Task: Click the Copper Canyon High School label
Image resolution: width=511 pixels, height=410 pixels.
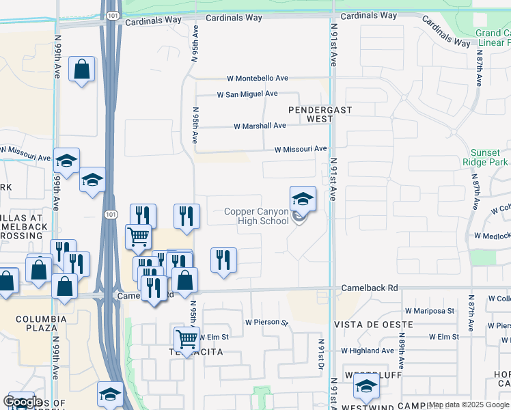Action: pyautogui.click(x=257, y=216)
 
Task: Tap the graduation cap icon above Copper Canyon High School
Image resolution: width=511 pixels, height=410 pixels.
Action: pyautogui.click(x=303, y=199)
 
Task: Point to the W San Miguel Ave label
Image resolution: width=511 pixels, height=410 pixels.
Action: pyautogui.click(x=247, y=94)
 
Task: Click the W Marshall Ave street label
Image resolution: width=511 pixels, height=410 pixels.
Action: pyautogui.click(x=260, y=126)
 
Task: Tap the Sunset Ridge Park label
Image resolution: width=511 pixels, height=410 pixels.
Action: pyautogui.click(x=490, y=158)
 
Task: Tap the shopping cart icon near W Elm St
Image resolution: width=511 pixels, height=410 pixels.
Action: pyautogui.click(x=187, y=338)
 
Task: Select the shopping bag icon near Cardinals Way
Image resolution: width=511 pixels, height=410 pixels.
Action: pyautogui.click(x=81, y=69)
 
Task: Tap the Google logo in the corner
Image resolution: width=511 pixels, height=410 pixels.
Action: pyautogui.click(x=23, y=401)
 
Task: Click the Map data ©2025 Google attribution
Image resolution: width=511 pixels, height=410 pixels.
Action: pyautogui.click(x=469, y=405)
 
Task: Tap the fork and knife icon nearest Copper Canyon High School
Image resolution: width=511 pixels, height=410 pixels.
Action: pyautogui.click(x=223, y=260)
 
